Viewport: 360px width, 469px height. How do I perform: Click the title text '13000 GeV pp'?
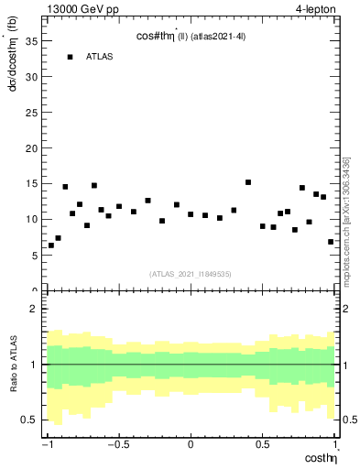coord(79,8)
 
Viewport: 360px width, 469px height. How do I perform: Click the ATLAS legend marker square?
coord(70,57)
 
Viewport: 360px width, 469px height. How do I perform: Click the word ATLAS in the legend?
coord(99,57)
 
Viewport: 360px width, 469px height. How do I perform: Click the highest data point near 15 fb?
coord(248,182)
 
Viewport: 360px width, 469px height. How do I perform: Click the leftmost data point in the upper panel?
coord(50,245)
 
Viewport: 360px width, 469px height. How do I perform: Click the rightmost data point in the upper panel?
coord(331,242)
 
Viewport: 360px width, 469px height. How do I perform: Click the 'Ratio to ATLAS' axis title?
coord(15,365)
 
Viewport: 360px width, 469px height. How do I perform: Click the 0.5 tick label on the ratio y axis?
coord(31,420)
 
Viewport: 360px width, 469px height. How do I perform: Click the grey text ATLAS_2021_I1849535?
coord(191,274)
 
